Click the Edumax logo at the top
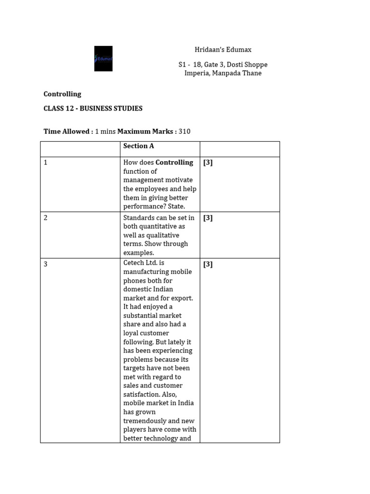pyautogui.click(x=103, y=58)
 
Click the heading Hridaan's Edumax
pyautogui.click(x=223, y=50)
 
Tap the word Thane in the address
pyautogui.click(x=252, y=73)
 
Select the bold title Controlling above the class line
pyautogui.click(x=62, y=94)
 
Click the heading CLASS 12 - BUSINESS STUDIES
pyautogui.click(x=93, y=109)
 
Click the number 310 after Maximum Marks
pyautogui.click(x=185, y=131)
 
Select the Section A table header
pyautogui.click(x=138, y=146)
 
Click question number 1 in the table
pyautogui.click(x=46, y=163)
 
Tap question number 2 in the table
pyautogui.click(x=46, y=218)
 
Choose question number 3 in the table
pyautogui.click(x=46, y=264)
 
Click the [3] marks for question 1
pyautogui.click(x=208, y=163)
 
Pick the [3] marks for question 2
pyautogui.click(x=208, y=218)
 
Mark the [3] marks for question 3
pyautogui.click(x=208, y=264)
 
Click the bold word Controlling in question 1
pyautogui.click(x=174, y=163)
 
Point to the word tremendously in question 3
pyautogui.click(x=145, y=421)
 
